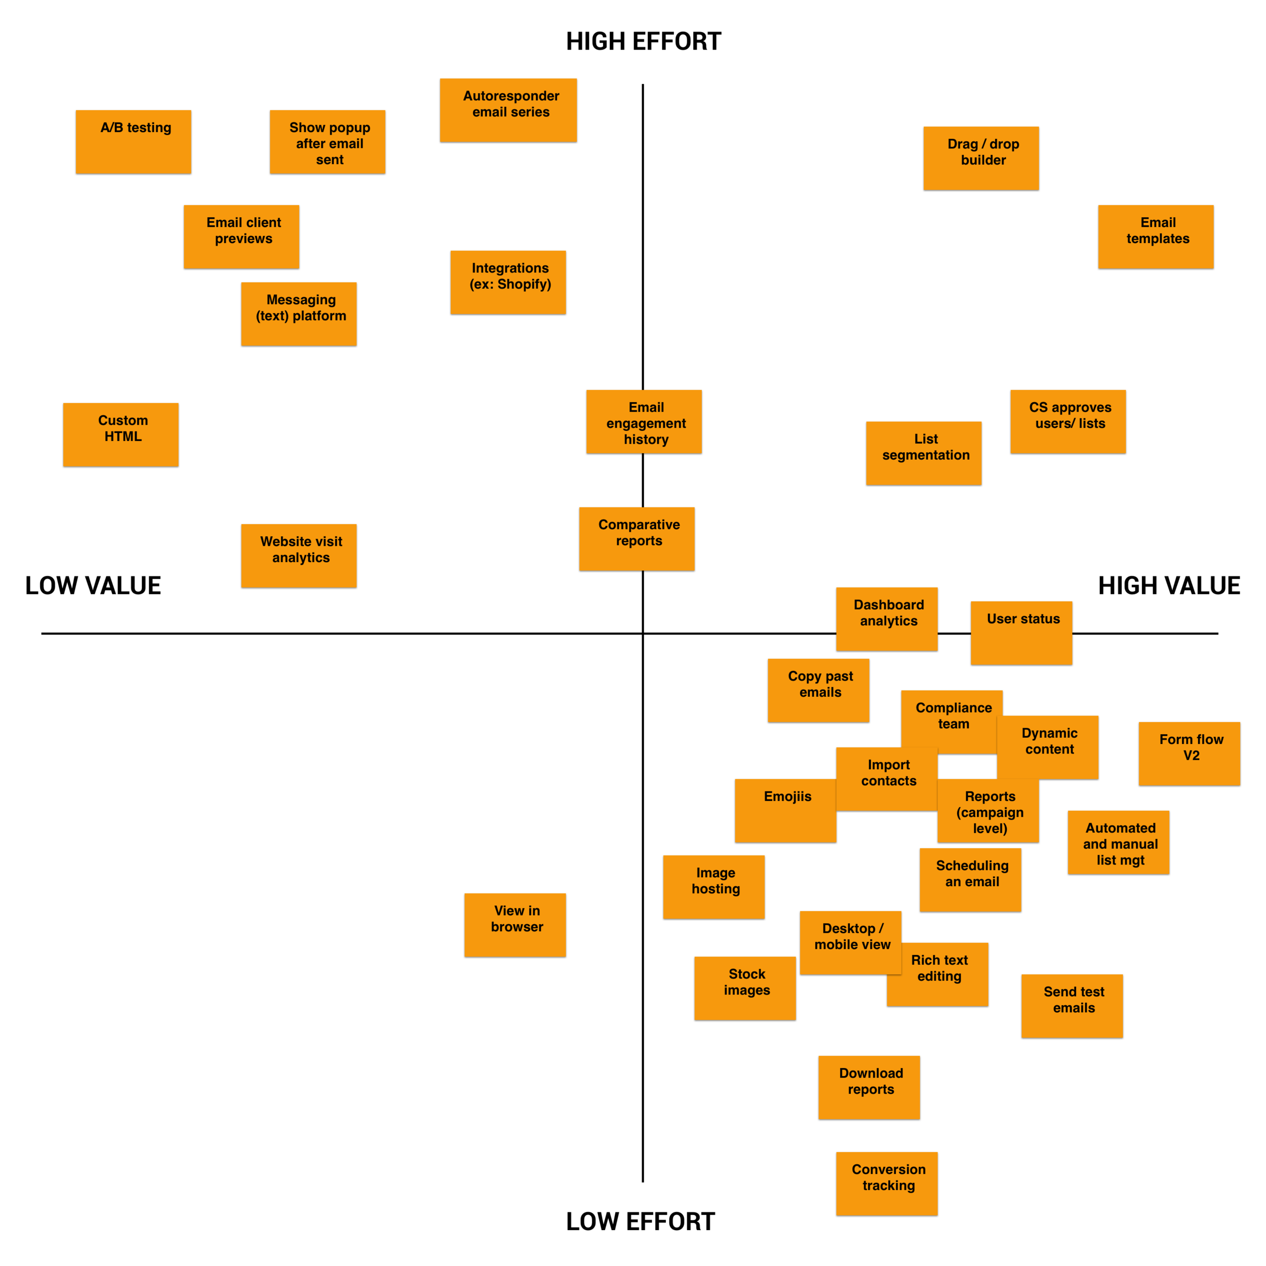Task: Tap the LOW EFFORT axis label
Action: pos(640,1221)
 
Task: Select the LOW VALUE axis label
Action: pos(93,585)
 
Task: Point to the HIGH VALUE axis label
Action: pos(1169,585)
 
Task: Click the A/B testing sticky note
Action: pos(134,142)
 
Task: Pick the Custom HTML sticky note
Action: pos(121,434)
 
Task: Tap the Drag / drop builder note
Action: pos(981,158)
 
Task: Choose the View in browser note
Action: pos(515,925)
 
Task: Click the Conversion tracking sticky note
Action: pos(887,1183)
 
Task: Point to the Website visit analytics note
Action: pos(299,555)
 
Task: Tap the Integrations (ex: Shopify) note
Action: pos(508,283)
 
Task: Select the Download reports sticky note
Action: pos(869,1087)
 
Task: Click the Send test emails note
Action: pos(1072,1006)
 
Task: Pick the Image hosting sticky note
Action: pos(714,887)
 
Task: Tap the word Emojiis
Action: pos(787,796)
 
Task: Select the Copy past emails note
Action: pos(818,690)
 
